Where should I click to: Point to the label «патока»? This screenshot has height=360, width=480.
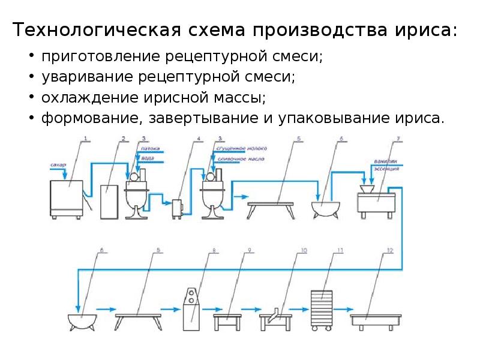coord(149,146)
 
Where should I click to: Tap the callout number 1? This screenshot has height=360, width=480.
coord(85,139)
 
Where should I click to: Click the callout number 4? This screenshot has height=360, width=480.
coord(198,140)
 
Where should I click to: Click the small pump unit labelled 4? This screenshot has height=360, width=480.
coord(178,208)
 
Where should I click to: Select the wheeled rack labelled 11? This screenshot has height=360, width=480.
coord(322,310)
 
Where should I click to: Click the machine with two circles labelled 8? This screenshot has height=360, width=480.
coord(191,308)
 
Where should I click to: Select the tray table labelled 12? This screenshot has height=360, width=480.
coord(376,318)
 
